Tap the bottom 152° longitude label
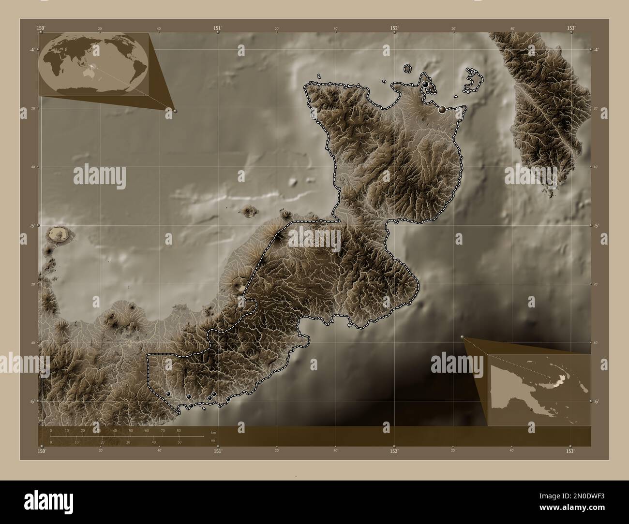(394, 451)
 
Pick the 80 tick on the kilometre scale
(179, 430)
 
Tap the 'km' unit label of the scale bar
(213, 431)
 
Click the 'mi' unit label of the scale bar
(213, 440)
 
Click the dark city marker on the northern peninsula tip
(425, 84)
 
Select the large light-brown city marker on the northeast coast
(442, 110)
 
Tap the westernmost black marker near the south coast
(168, 394)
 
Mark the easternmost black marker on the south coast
(228, 399)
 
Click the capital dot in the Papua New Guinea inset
(531, 410)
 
